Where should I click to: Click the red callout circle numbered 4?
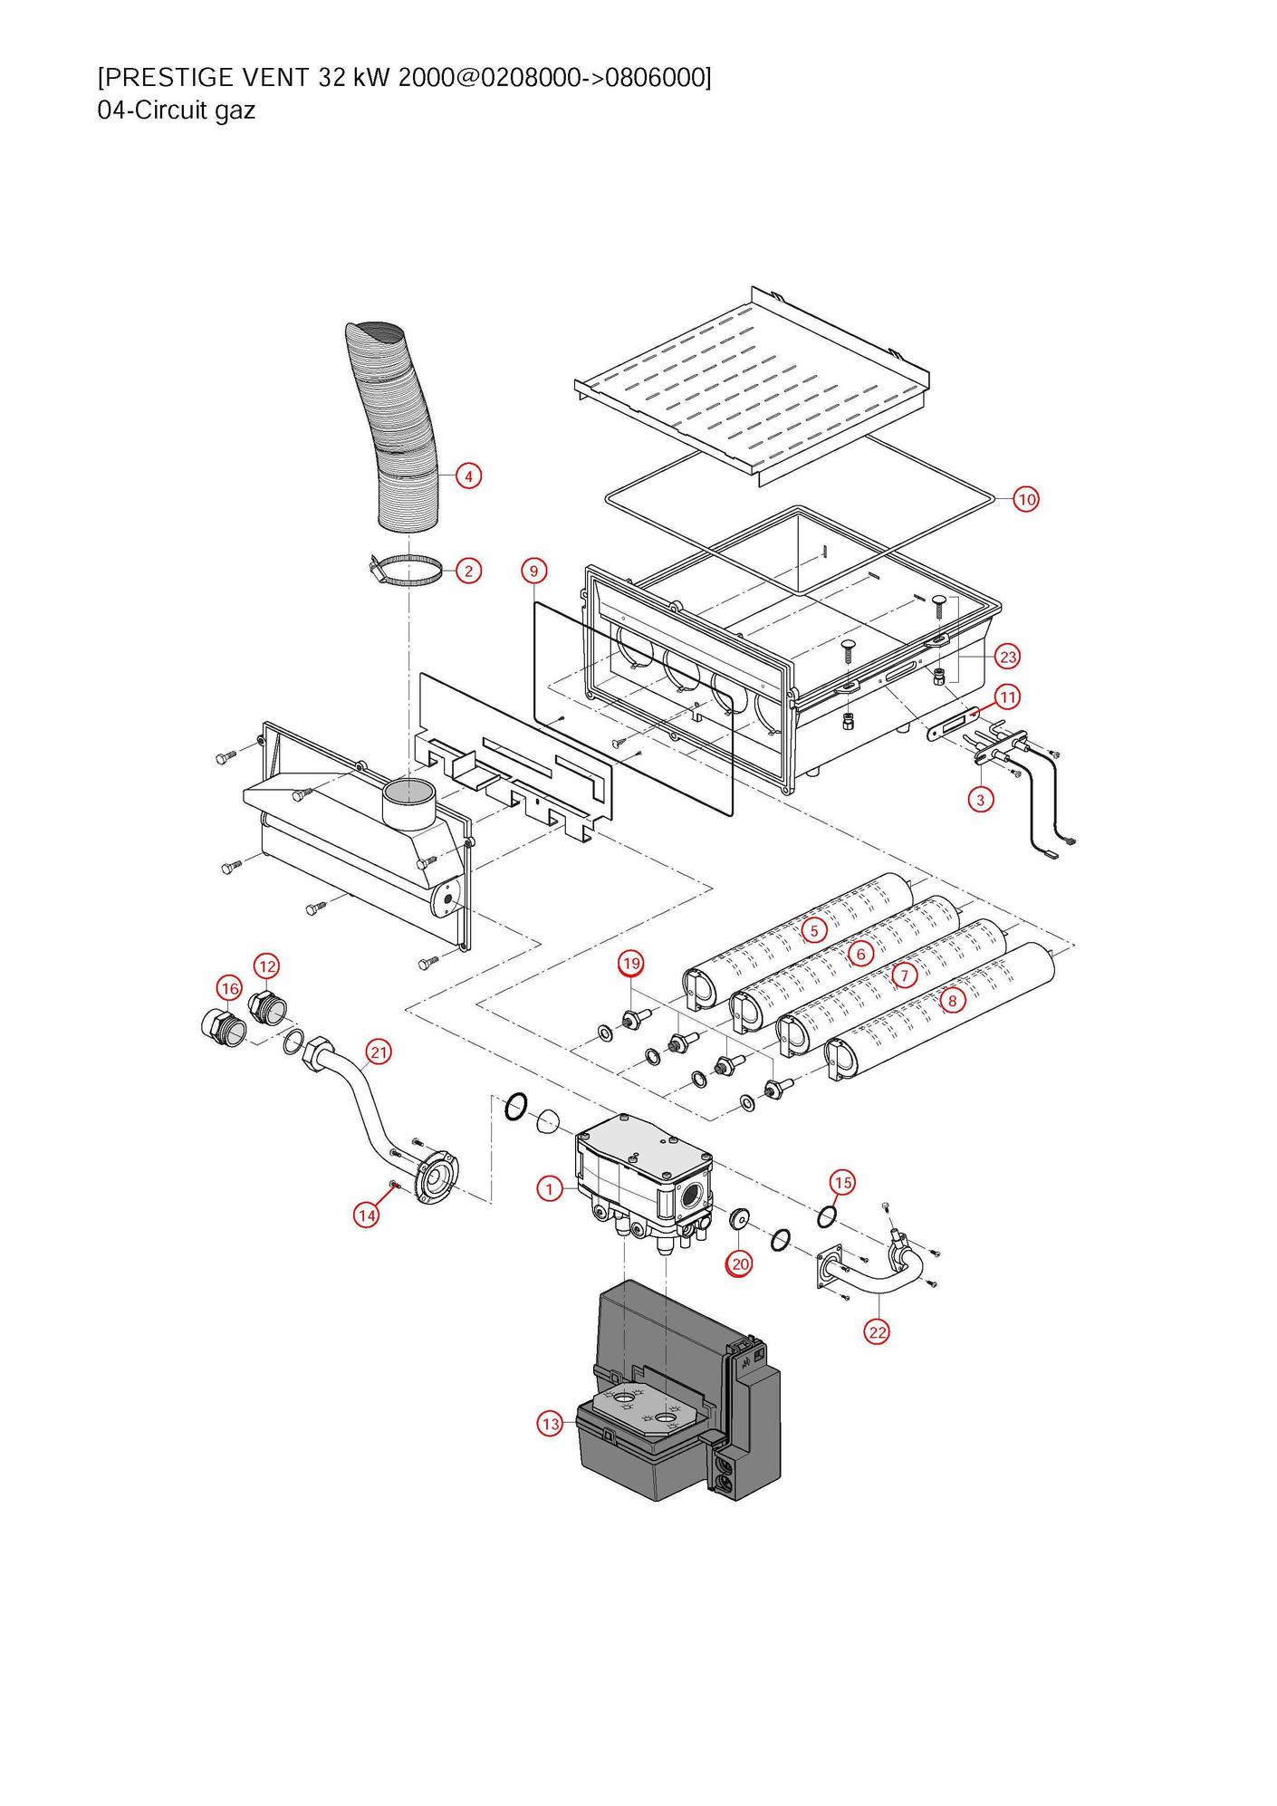click(468, 476)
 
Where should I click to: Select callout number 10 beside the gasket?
click(1025, 499)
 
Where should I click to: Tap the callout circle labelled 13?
click(551, 1424)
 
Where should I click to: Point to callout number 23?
click(1007, 657)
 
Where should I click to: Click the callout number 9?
click(534, 571)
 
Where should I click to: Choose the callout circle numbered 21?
click(379, 1052)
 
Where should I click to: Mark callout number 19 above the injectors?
click(631, 963)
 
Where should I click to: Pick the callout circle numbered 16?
click(229, 988)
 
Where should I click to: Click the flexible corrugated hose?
click(397, 426)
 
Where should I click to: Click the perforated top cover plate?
click(752, 380)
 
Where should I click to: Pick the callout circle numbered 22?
click(877, 1332)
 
